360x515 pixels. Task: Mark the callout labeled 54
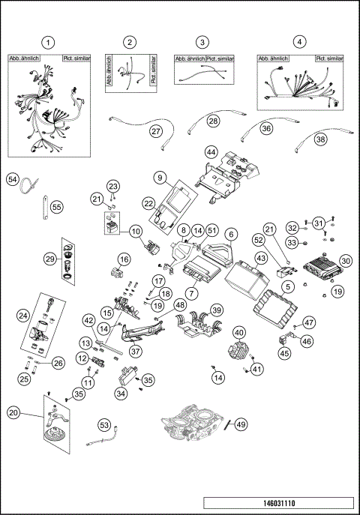[13, 179]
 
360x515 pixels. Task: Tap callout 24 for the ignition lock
[23, 315]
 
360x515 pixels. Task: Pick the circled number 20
[14, 412]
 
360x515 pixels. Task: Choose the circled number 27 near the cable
[156, 130]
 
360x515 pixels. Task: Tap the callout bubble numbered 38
[320, 139]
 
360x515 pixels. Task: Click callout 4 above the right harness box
[300, 42]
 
